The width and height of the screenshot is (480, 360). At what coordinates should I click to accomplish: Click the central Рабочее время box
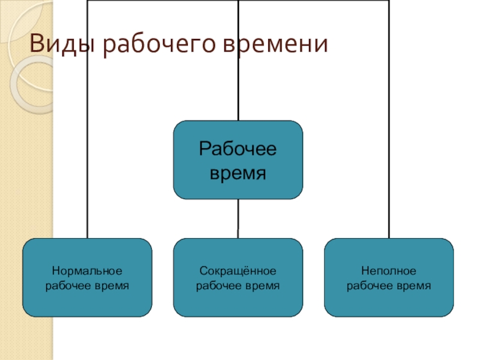(x=238, y=160)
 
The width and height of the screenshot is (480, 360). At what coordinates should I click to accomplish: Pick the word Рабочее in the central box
(x=238, y=149)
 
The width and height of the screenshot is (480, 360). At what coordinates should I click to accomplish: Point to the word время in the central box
(x=238, y=173)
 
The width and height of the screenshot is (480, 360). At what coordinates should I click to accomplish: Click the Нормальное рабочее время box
(x=88, y=277)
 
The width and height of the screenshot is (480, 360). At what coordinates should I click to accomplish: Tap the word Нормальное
(x=88, y=271)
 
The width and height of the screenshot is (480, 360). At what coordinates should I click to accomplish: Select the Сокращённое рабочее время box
(x=238, y=277)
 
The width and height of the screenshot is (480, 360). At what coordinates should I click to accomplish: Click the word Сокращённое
(x=238, y=271)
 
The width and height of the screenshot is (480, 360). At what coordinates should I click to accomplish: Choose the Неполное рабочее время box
(x=389, y=277)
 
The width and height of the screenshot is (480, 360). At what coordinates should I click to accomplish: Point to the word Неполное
(x=389, y=271)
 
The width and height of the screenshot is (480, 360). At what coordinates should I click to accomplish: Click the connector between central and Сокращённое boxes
(x=238, y=218)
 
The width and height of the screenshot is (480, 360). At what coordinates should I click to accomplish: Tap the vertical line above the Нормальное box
(x=88, y=150)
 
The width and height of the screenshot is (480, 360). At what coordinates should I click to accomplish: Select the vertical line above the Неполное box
(x=389, y=150)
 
